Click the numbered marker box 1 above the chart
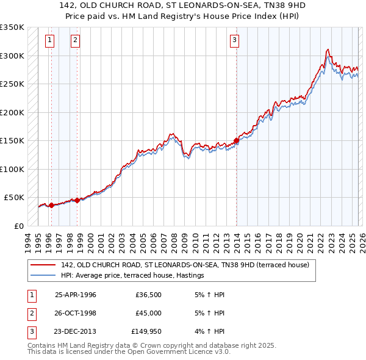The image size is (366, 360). [49, 41]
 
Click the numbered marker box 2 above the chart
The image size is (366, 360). [75, 41]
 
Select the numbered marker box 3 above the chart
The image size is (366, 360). [235, 41]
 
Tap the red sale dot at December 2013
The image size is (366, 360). [236, 141]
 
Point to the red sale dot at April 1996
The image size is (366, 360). [51, 205]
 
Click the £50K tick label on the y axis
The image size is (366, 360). [14, 198]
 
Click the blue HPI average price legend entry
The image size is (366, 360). [132, 276]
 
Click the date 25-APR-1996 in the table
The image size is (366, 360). [76, 295]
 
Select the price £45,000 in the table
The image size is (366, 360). [148, 313]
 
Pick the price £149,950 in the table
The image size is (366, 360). [146, 331]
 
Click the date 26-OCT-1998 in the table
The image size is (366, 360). [76, 313]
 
